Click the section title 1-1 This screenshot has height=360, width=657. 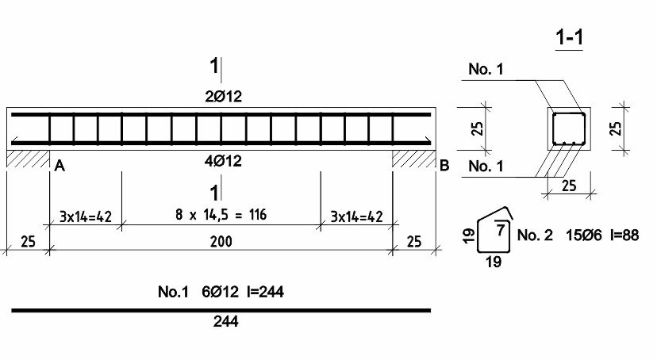(569, 37)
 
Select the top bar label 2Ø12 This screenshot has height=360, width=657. (223, 97)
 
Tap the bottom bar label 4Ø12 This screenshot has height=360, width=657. (223, 161)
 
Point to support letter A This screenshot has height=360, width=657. (60, 167)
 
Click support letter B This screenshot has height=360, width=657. (444, 166)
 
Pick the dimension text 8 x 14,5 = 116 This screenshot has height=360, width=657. (221, 215)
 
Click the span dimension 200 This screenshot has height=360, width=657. (221, 242)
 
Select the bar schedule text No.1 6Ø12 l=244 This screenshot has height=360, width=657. (221, 292)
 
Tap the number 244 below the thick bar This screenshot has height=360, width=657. (226, 321)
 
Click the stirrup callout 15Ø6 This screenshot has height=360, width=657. (584, 236)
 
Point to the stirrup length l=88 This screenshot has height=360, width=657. (624, 236)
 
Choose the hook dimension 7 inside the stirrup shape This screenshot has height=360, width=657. (501, 229)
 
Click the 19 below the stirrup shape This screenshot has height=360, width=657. (494, 262)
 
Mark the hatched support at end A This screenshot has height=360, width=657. (28, 159)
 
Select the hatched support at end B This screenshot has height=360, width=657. (414, 159)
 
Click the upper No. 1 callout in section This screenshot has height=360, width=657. (486, 69)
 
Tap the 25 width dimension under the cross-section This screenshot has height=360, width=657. (569, 186)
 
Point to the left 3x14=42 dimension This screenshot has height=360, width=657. (86, 216)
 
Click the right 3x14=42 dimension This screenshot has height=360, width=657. (356, 216)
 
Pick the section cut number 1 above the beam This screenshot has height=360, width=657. (214, 66)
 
